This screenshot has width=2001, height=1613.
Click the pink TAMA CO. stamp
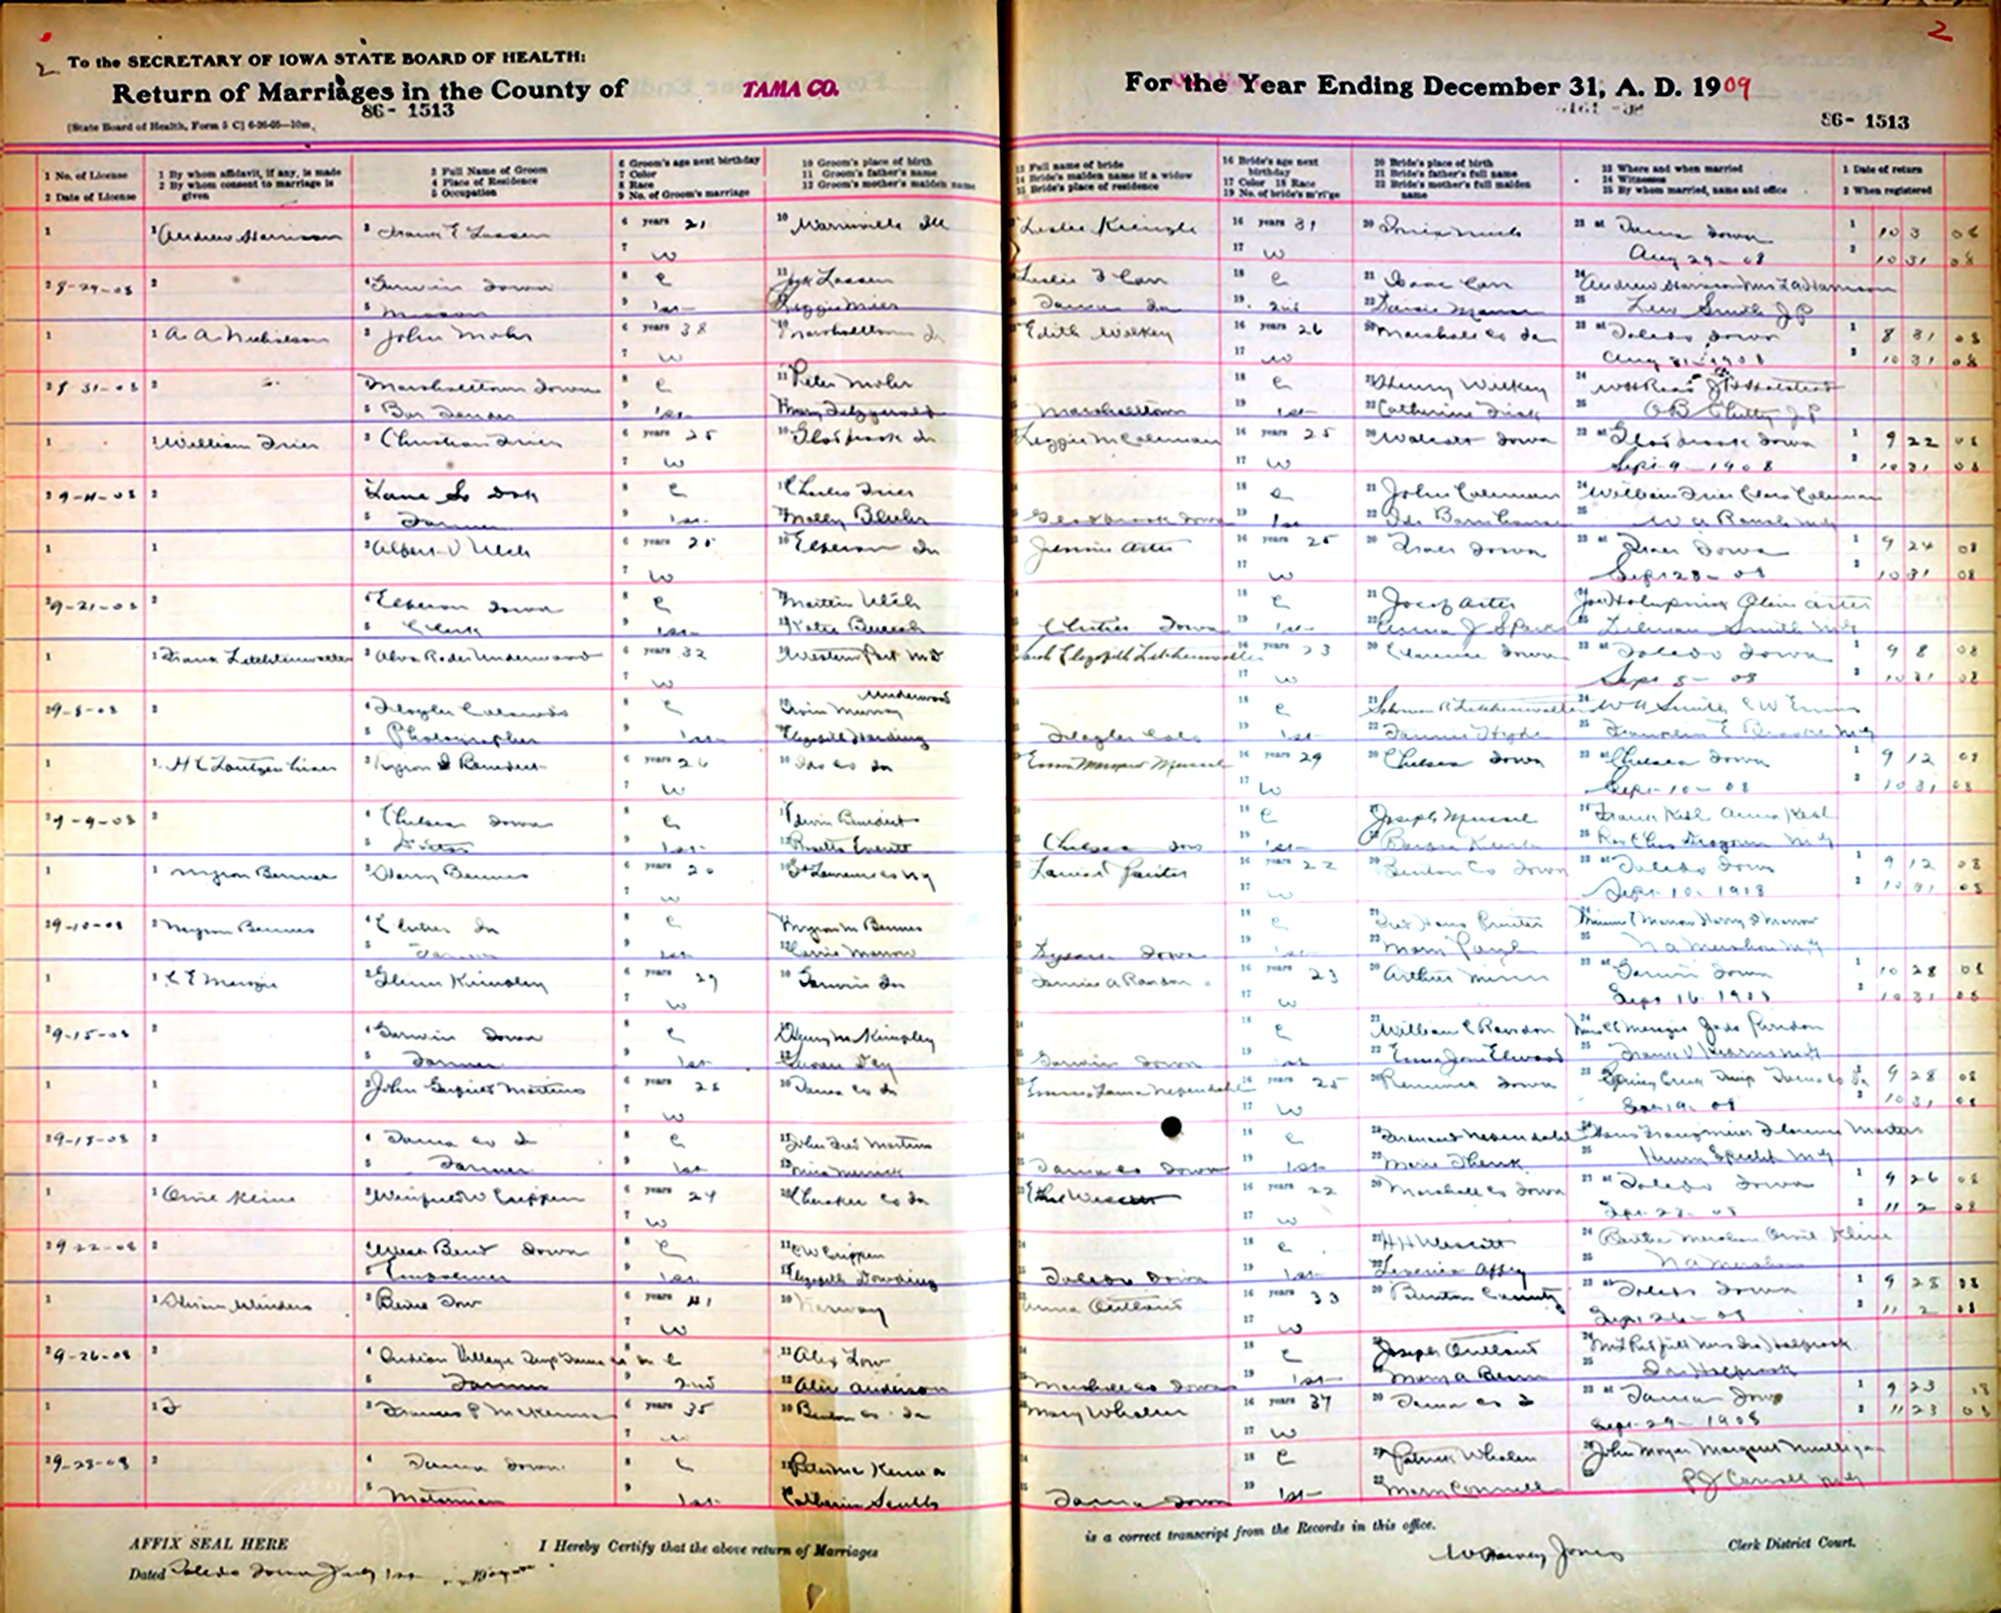click(x=791, y=89)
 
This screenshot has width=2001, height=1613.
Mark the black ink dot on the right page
click(x=1171, y=1126)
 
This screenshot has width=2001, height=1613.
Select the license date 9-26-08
click(x=88, y=1356)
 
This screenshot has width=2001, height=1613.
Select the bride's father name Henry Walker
click(x=1459, y=386)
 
